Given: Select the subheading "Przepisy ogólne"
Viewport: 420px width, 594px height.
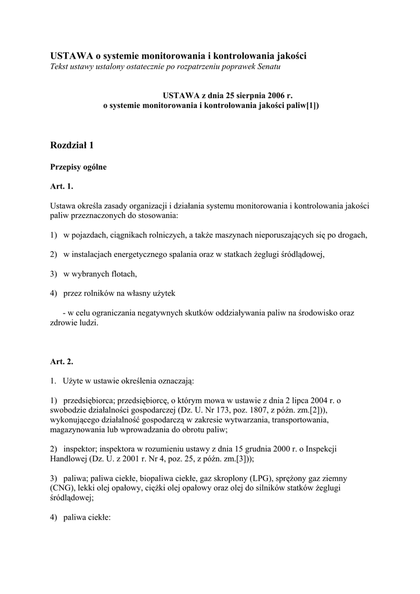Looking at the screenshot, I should coord(78,167).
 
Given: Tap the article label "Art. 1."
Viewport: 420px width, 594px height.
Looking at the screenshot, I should coord(62,186).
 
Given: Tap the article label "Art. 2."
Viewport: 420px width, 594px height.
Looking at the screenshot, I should coord(62,361).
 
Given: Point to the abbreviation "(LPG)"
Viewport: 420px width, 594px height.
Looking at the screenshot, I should coord(263,478).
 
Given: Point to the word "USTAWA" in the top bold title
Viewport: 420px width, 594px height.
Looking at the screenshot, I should coord(71,56).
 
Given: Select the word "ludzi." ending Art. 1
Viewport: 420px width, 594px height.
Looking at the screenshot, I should coord(86,323).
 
